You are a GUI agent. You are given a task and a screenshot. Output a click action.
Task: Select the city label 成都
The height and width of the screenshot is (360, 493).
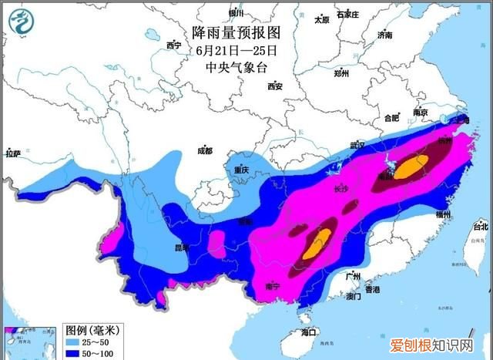coord(204,150)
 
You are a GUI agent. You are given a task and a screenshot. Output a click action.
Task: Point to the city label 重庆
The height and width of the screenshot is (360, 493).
coord(243,169)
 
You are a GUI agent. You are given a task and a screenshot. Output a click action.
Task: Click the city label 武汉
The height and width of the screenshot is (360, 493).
coord(357,145)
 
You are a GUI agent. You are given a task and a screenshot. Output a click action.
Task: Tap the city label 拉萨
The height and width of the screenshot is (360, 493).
coord(12,154)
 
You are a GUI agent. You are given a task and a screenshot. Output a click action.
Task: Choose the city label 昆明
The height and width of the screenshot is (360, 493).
coord(181,248)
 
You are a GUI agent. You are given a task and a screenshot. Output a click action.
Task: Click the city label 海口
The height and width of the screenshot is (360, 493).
coord(308,332)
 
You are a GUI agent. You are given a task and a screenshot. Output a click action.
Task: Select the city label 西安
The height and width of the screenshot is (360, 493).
coord(274,86)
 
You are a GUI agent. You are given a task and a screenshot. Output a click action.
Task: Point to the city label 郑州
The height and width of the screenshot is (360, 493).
coord(342,74)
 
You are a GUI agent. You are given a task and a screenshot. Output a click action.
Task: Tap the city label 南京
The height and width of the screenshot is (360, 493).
coord(420,113)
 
